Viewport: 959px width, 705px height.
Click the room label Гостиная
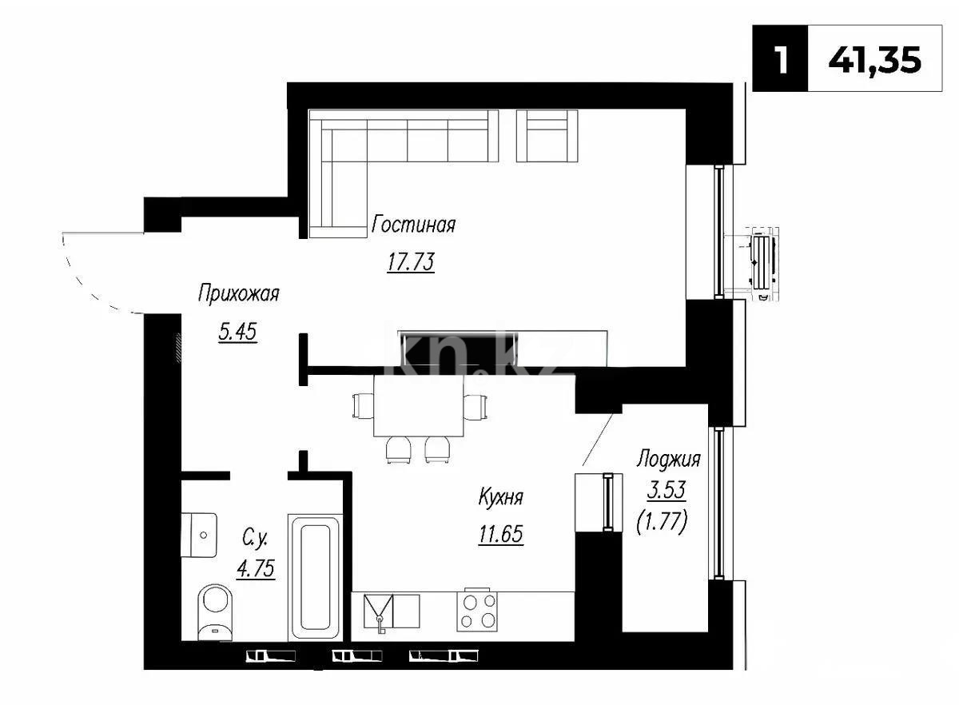tap(413, 225)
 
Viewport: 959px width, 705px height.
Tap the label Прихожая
tap(238, 294)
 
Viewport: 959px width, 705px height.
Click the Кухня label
tap(500, 498)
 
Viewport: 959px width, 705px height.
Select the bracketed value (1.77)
tap(662, 524)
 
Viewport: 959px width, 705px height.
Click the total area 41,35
tap(875, 60)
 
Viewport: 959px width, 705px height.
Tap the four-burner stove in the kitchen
tap(477, 611)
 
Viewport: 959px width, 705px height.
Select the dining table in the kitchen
tap(419, 406)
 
